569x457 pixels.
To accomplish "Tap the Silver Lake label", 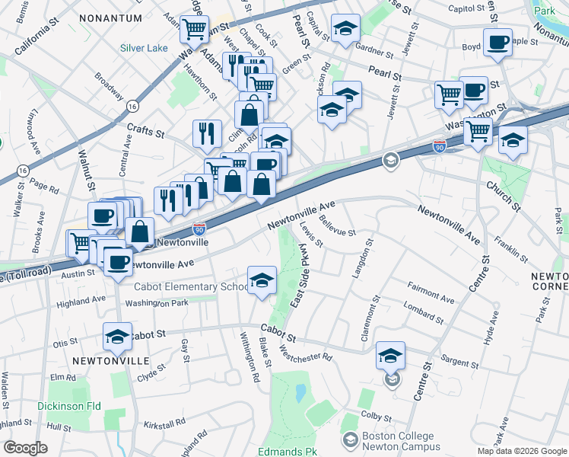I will pyautogui.click(x=144, y=48).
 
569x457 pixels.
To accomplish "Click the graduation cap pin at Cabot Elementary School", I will pyautogui.click(x=262, y=280).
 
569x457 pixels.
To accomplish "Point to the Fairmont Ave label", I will pyautogui.click(x=431, y=290).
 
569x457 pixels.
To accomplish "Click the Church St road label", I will pyautogui.click(x=504, y=196).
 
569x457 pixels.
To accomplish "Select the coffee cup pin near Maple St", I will pyautogui.click(x=497, y=43).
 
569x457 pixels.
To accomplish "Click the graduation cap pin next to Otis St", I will pyautogui.click(x=117, y=336).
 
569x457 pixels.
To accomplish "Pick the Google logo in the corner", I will pyautogui.click(x=25, y=448).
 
